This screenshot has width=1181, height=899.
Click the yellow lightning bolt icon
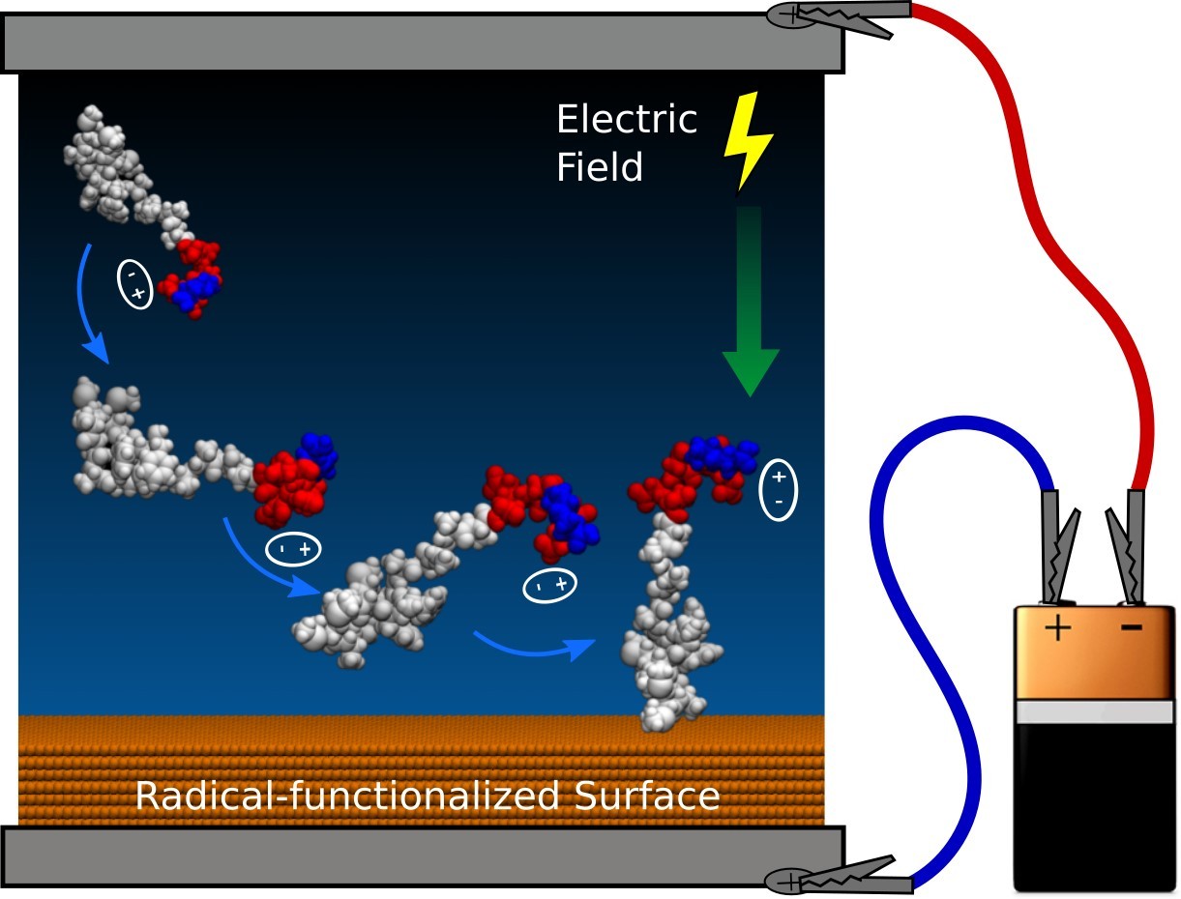[749, 141]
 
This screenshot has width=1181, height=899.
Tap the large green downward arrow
[750, 309]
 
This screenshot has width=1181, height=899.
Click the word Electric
[626, 121]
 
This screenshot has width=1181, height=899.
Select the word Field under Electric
[600, 167]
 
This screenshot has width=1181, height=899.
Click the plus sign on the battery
[1058, 629]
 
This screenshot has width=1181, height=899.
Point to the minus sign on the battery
[1130, 628]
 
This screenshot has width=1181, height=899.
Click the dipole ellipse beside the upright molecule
[780, 489]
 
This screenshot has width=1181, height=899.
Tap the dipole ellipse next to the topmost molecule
[135, 283]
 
